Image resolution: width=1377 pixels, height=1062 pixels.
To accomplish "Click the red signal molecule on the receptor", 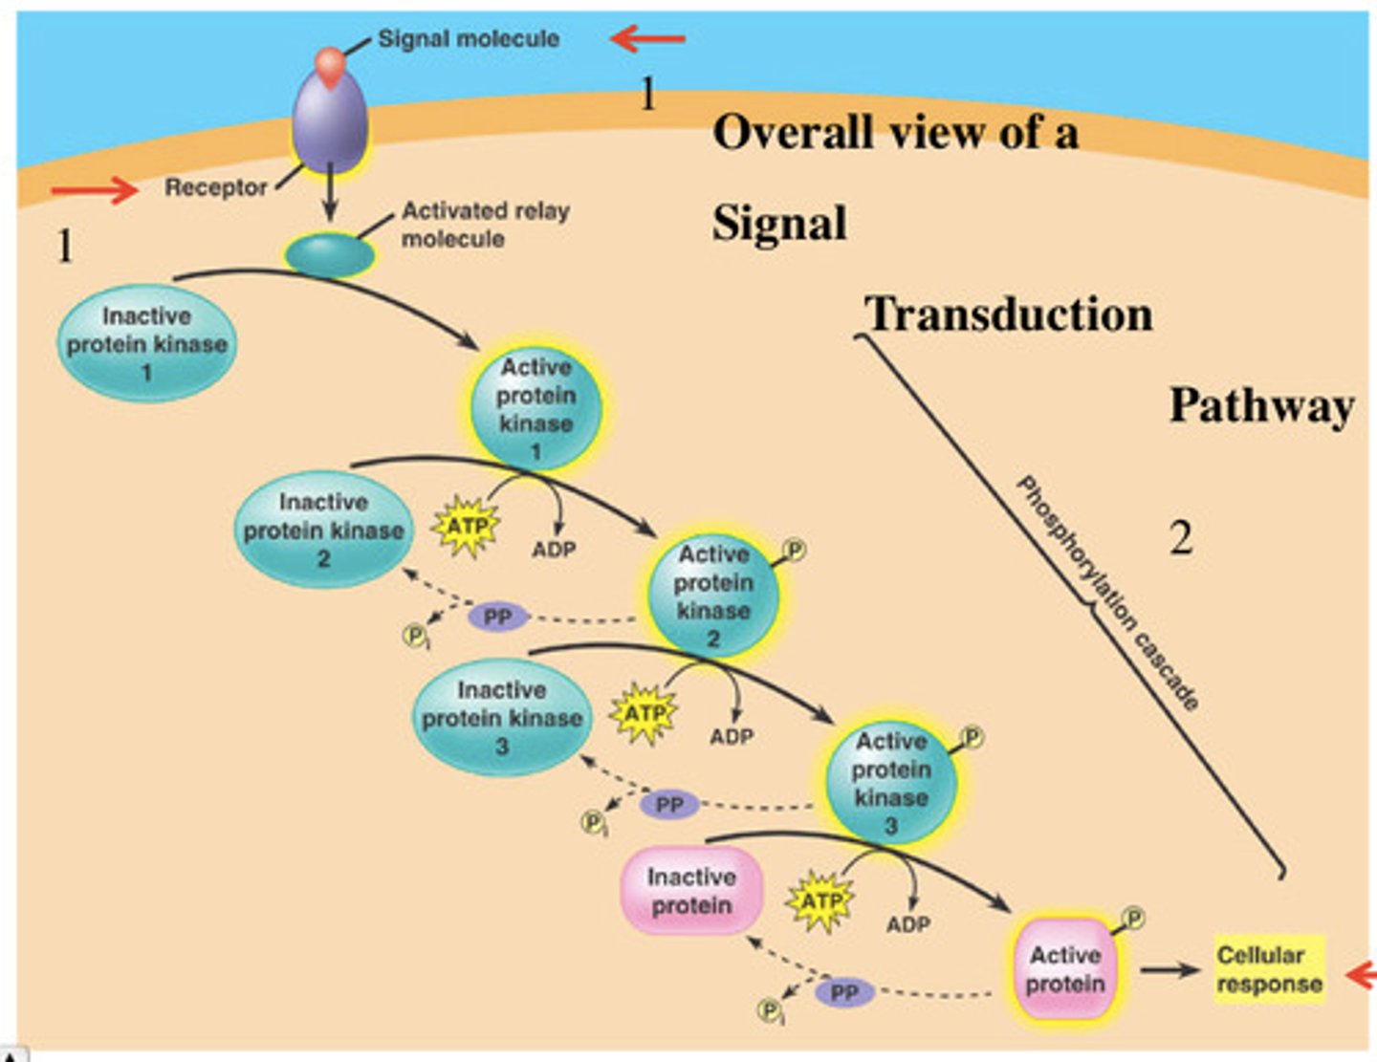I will [330, 64].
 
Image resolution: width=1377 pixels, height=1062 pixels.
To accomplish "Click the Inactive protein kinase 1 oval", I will [146, 343].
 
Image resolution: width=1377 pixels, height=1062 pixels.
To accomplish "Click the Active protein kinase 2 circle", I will [713, 596].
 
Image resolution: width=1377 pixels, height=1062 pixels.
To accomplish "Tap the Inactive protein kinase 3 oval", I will [502, 717].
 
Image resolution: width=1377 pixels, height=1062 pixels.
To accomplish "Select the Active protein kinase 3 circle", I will [891, 783].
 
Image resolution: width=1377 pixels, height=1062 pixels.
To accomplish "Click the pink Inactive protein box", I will [691, 891].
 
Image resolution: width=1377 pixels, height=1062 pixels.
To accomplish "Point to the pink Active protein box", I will [1065, 968].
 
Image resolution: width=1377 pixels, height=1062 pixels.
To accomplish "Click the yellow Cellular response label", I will [1269, 968].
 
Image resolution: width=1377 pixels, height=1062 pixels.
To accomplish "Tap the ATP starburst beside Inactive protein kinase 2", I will [466, 526].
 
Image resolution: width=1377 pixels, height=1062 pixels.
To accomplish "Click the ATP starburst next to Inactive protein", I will [820, 900].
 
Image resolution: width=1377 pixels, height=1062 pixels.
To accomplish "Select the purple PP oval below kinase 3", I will [669, 805].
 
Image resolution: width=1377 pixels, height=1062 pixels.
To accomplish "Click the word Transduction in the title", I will [1009, 314].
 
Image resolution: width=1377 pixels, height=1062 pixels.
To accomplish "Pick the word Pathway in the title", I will [1261, 405].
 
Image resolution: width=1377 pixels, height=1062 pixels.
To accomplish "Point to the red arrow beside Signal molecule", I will [647, 39].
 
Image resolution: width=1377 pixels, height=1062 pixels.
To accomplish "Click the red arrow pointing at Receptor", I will [95, 189].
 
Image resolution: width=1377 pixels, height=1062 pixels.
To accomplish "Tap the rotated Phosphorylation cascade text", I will [1107, 593].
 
